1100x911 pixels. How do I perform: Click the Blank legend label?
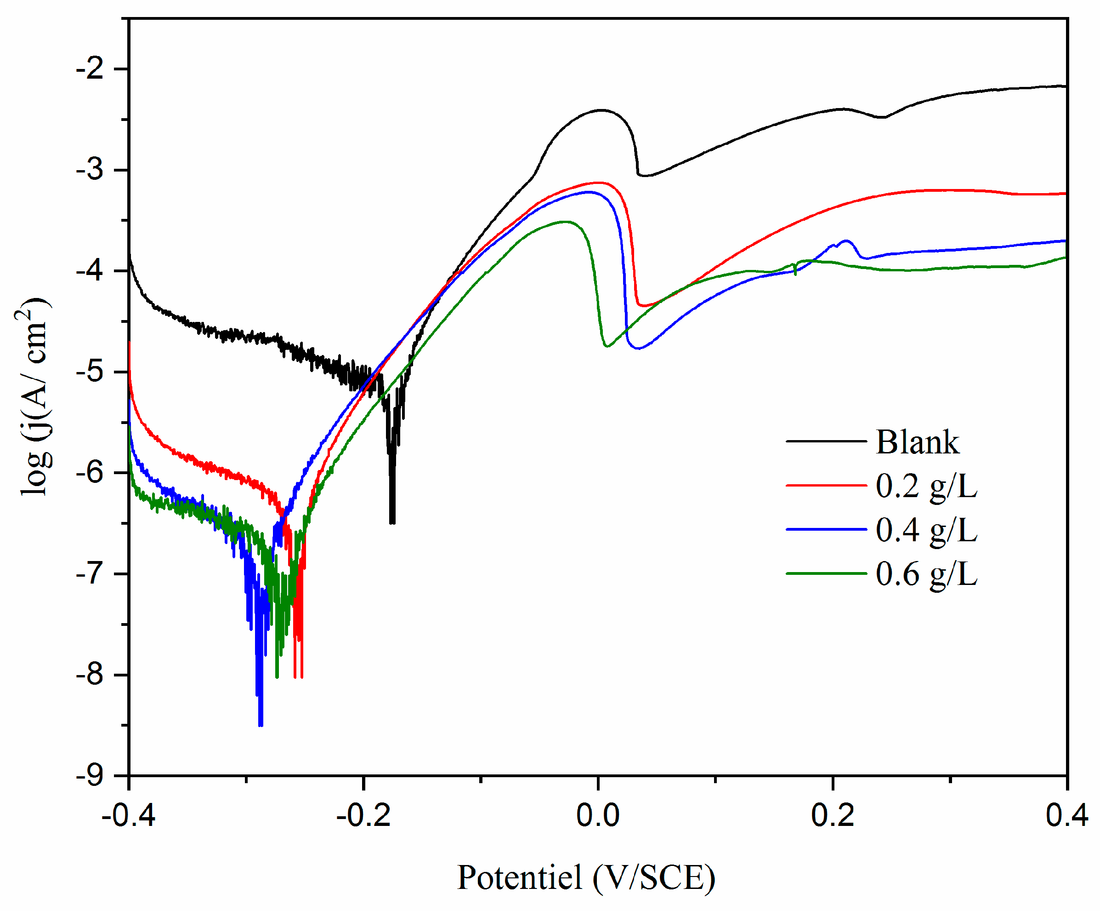(917, 442)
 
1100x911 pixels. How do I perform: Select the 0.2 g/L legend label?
(926, 487)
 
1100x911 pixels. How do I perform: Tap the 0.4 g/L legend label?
(926, 530)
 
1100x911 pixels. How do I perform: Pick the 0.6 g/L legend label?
(926, 574)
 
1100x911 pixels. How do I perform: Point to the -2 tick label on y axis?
(90, 69)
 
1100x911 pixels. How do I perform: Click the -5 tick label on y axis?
(90, 372)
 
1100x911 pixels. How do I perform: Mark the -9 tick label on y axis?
(90, 776)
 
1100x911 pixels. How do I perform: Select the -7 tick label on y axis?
(90, 574)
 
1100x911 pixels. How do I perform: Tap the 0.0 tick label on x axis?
(598, 816)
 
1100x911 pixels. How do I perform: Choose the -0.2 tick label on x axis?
(363, 816)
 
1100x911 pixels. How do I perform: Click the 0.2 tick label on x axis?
(832, 816)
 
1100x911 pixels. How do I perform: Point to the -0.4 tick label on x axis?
(128, 816)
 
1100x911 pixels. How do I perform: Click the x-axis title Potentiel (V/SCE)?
(586, 877)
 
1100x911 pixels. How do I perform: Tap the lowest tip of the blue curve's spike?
(261, 725)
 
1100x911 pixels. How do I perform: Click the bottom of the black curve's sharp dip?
(392, 522)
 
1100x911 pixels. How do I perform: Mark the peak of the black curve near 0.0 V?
(601, 110)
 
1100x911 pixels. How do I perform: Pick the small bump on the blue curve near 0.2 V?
(845, 241)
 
